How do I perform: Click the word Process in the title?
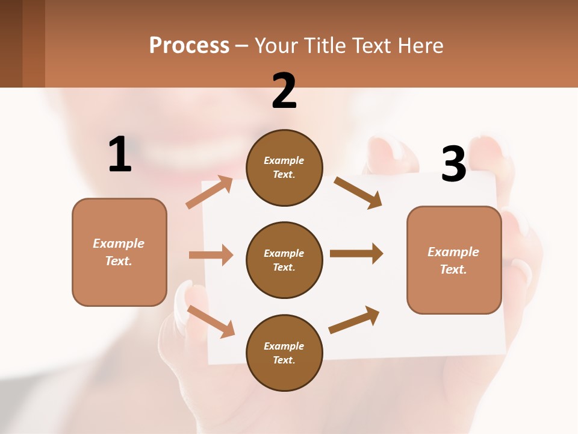click(189, 46)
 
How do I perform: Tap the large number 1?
click(120, 154)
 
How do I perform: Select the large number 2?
click(284, 91)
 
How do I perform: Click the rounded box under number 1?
click(119, 252)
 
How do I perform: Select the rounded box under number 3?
click(454, 260)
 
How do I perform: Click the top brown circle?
click(284, 168)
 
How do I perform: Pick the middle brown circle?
click(284, 260)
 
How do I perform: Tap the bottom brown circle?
click(284, 353)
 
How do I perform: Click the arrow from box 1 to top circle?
click(209, 192)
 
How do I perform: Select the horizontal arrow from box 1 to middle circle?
click(211, 255)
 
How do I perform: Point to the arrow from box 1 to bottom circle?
click(211, 321)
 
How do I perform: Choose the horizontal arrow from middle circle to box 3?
click(356, 253)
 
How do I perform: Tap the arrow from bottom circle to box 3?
click(354, 320)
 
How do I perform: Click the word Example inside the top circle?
click(284, 160)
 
